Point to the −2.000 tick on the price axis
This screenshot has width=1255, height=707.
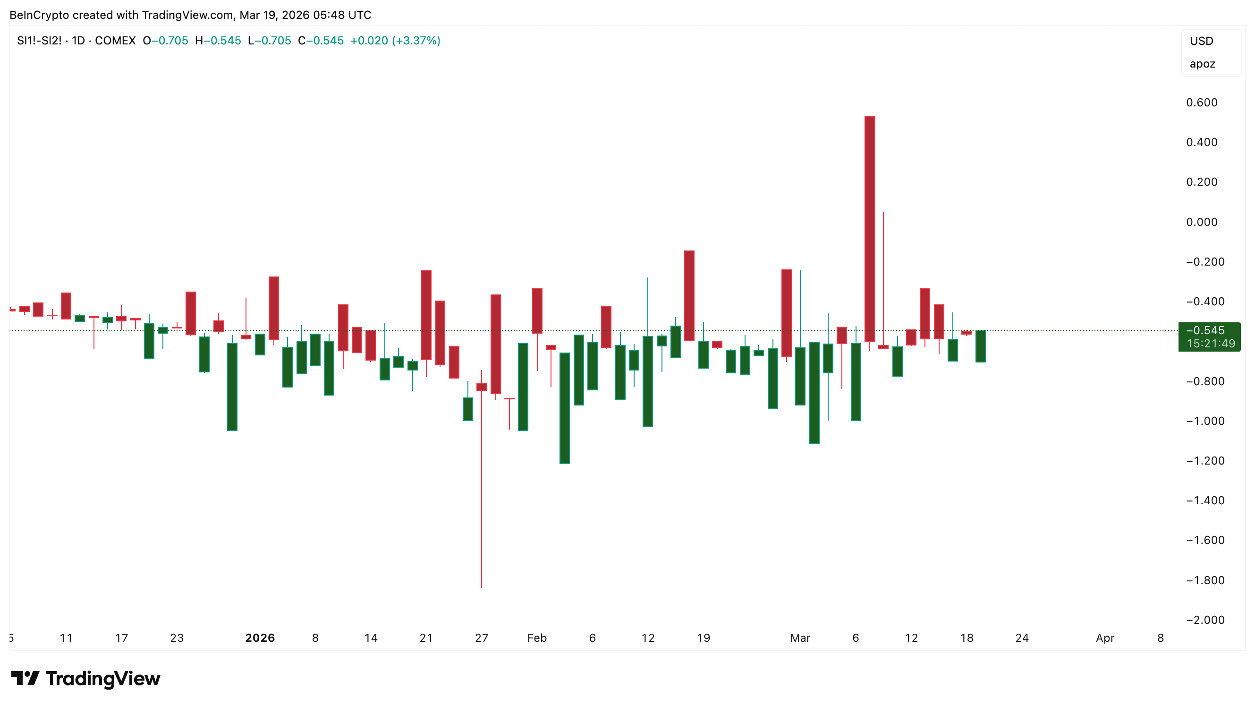click(x=1205, y=620)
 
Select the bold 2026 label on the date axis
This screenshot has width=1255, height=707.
click(x=260, y=638)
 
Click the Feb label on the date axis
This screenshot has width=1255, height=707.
click(x=537, y=638)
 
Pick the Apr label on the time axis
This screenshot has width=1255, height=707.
click(x=1105, y=638)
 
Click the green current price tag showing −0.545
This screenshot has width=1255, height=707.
click(x=1209, y=336)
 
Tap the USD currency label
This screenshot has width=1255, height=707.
click(x=1201, y=41)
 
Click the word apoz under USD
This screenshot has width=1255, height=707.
click(x=1202, y=64)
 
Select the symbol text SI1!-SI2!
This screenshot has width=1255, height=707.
click(x=39, y=41)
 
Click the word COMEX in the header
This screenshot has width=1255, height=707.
click(x=115, y=41)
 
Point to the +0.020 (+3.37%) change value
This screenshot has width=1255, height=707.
click(x=395, y=41)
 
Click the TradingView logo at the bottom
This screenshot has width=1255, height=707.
click(x=86, y=678)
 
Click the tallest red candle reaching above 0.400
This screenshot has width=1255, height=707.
click(x=870, y=229)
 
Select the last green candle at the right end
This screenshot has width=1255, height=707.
click(x=980, y=346)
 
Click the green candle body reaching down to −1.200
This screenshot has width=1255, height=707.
click(x=565, y=408)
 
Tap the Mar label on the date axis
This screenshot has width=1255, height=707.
click(x=800, y=638)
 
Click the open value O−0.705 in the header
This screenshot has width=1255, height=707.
click(x=165, y=41)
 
